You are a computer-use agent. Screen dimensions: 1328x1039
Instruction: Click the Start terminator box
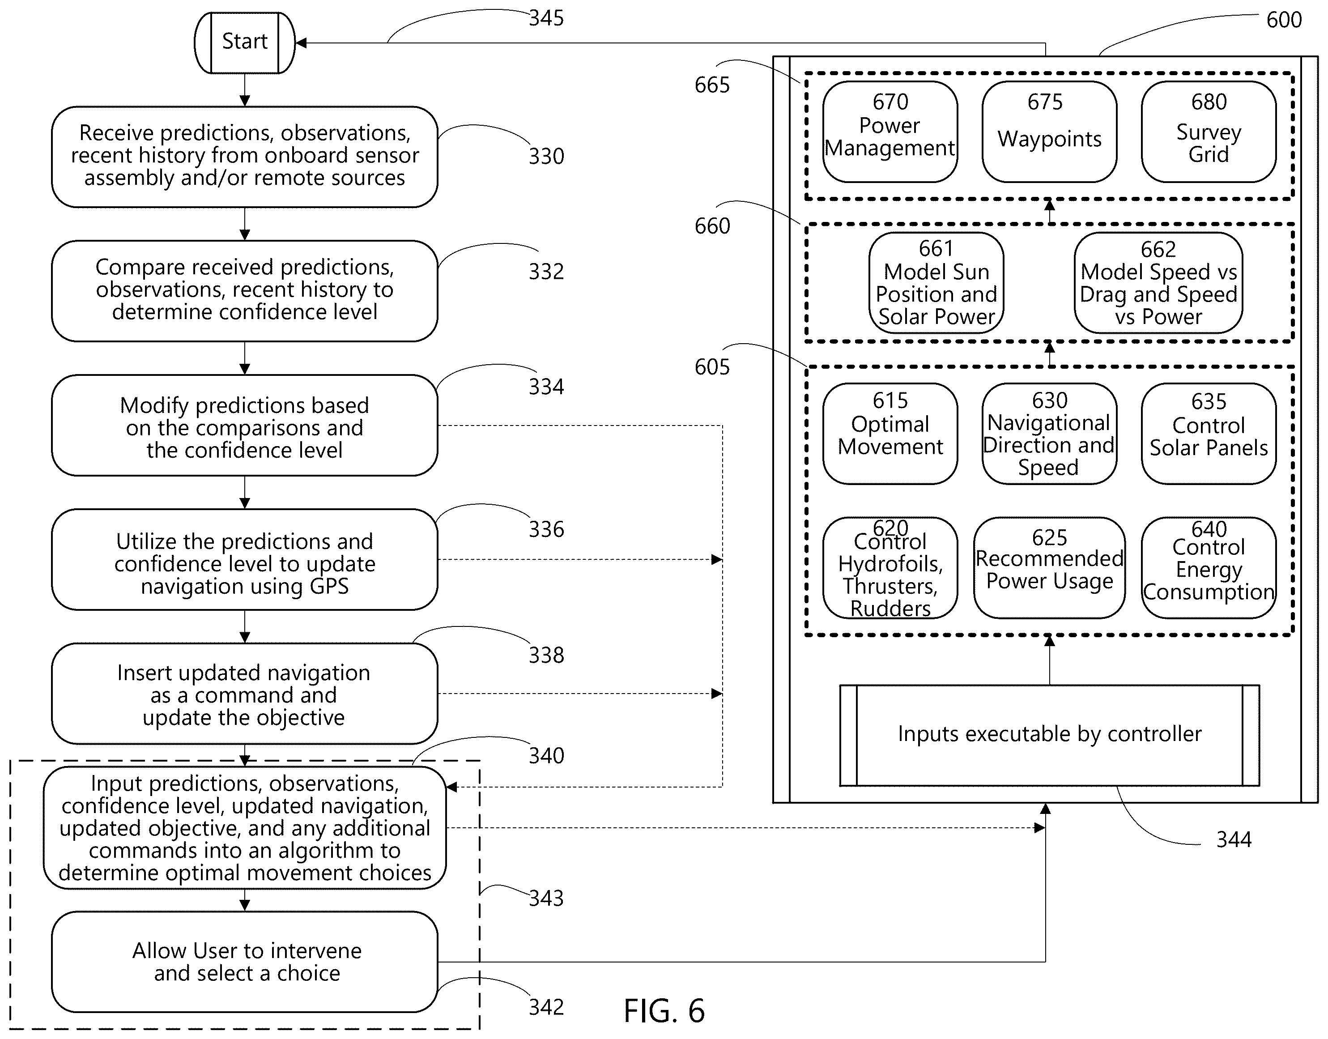(x=245, y=43)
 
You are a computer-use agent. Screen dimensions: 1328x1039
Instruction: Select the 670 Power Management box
(x=890, y=132)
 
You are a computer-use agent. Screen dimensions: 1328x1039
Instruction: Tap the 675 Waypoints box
(x=1049, y=132)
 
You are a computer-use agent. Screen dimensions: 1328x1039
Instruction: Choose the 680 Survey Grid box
(x=1209, y=132)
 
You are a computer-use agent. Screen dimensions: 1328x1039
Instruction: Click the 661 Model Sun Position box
(x=936, y=283)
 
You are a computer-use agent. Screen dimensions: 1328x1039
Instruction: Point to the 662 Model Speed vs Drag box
(x=1158, y=283)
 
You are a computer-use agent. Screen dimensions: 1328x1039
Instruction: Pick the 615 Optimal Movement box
(x=890, y=434)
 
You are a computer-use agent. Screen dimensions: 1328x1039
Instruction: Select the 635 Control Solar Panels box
(x=1209, y=434)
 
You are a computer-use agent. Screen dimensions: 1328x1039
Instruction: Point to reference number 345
(x=546, y=18)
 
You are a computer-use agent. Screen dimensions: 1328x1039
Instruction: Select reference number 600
(x=1284, y=20)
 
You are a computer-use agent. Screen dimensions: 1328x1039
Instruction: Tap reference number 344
(x=1234, y=839)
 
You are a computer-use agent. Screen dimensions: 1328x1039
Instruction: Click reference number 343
(x=546, y=898)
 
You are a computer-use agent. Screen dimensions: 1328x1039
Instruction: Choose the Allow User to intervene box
(x=245, y=962)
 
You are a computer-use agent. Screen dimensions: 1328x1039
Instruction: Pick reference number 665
(x=712, y=85)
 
